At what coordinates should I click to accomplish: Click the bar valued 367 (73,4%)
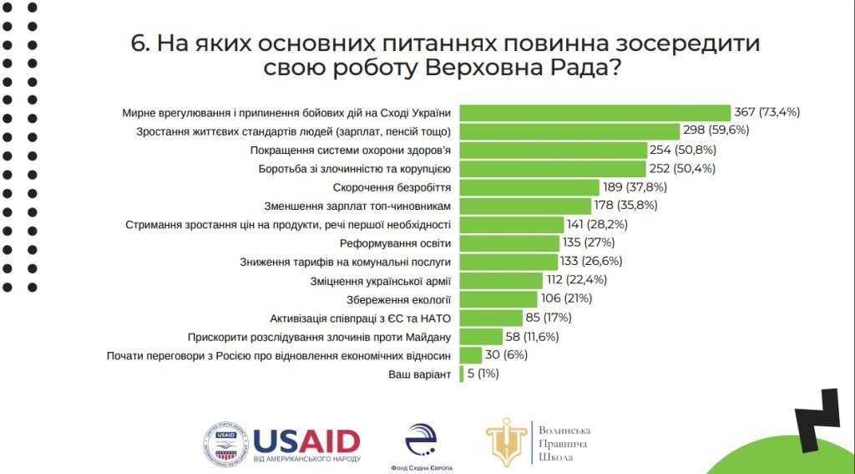595,113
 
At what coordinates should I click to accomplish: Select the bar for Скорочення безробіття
529,187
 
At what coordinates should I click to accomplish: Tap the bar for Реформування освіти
509,243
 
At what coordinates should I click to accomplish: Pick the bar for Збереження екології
498,298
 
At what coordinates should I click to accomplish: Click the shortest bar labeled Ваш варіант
462,374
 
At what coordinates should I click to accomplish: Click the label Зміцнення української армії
382,280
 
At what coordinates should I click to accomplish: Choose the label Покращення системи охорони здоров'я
351,150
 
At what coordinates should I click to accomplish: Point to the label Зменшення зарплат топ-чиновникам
358,206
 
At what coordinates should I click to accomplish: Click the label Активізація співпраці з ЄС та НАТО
361,318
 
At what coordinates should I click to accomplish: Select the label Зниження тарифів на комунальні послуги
346,262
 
